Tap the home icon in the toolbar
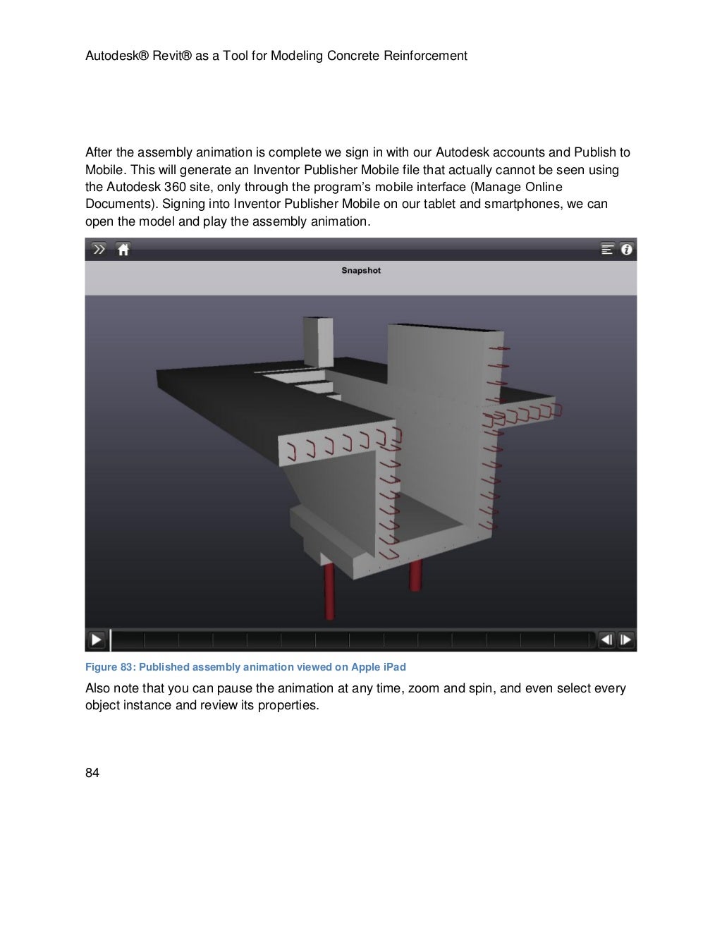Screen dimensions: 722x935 click(x=123, y=250)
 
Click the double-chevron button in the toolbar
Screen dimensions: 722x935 click(x=99, y=249)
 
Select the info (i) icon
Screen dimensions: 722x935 click(x=627, y=249)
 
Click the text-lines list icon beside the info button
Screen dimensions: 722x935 click(x=607, y=249)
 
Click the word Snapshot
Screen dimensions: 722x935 click(x=361, y=271)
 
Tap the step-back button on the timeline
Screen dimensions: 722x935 click(x=606, y=640)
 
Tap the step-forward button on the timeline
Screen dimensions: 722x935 click(x=625, y=640)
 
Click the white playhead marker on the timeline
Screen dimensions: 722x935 click(x=111, y=640)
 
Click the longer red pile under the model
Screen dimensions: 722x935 click(x=329, y=591)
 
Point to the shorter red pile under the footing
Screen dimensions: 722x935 click(x=415, y=575)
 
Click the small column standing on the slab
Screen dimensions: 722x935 click(x=318, y=342)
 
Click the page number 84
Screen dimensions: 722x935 click(x=92, y=774)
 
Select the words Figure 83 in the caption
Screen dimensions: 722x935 click(x=110, y=667)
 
